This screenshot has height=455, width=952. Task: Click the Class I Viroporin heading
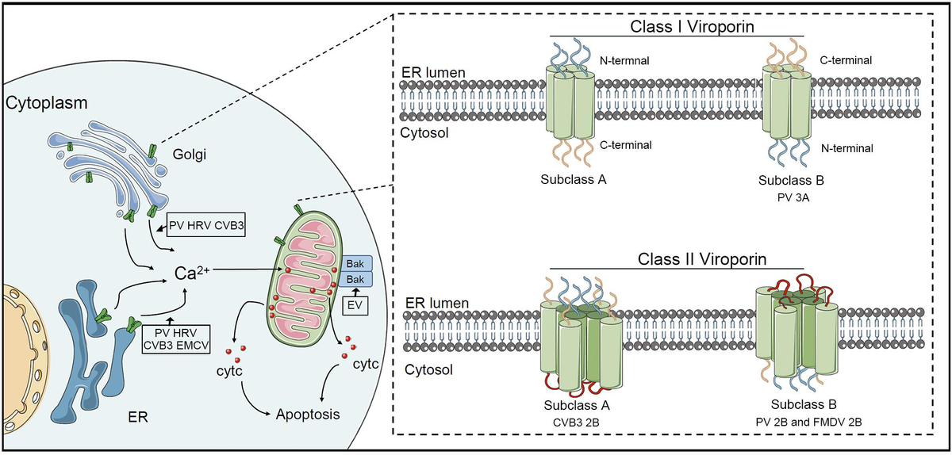point(692,26)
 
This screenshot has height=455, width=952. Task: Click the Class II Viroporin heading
point(702,259)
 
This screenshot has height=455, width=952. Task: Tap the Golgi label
point(189,155)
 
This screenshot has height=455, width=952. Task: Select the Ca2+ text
point(192,273)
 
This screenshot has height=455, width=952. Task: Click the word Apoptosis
point(308,415)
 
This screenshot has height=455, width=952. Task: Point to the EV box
point(355,305)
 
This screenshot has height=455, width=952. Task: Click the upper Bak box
point(355,264)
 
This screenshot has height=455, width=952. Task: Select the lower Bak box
point(355,280)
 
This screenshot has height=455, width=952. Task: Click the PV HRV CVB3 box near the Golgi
point(206,225)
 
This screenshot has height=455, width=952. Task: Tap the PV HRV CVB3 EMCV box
point(176,339)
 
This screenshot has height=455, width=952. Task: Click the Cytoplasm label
point(46,103)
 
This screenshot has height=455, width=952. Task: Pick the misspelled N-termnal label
point(624,61)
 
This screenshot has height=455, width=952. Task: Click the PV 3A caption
point(793,197)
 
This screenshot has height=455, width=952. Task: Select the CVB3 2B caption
point(576,422)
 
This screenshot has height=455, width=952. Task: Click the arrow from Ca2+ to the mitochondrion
point(246,270)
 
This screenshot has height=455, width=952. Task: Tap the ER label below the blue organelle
point(138,417)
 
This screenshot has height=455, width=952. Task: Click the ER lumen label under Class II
point(437,303)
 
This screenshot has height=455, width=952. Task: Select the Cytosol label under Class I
point(424,133)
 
